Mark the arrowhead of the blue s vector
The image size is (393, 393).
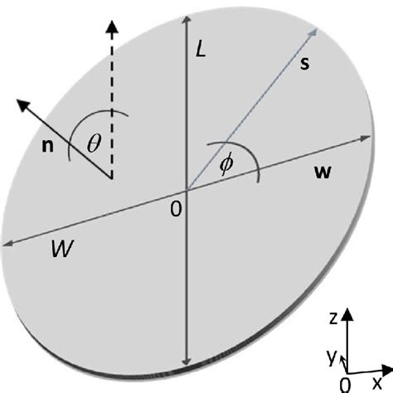(316, 27)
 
